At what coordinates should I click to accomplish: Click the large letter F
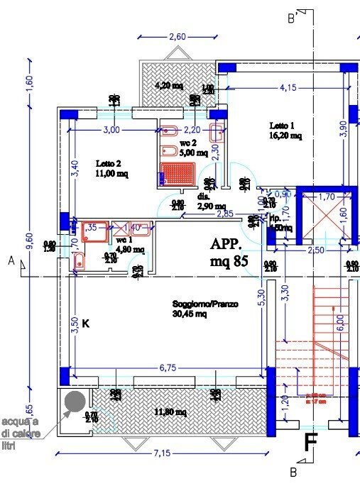pyautogui.click(x=310, y=442)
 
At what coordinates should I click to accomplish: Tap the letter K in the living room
pyautogui.click(x=85, y=324)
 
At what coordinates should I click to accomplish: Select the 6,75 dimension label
pyautogui.click(x=167, y=368)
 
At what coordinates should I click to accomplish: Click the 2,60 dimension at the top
pyautogui.click(x=177, y=37)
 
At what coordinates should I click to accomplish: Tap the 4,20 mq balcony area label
pyautogui.click(x=170, y=86)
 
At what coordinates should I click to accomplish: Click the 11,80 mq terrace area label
pyautogui.click(x=171, y=412)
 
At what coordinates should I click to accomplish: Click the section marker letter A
pyautogui.click(x=11, y=261)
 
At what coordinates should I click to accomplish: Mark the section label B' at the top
pyautogui.click(x=291, y=19)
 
